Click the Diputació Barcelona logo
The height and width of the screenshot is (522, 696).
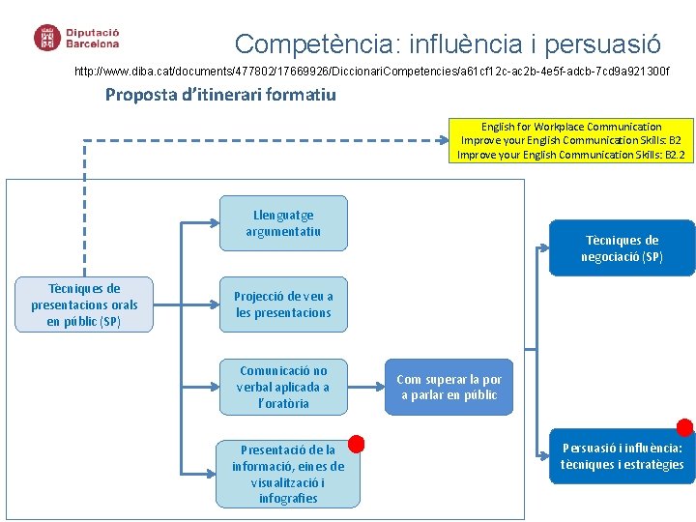[x=77, y=38]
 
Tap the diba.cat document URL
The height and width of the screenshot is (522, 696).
[x=371, y=72]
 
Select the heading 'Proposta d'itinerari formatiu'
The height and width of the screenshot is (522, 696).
[x=220, y=95]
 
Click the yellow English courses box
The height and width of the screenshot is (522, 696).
[x=571, y=140]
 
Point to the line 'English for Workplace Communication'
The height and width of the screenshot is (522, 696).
[x=571, y=127]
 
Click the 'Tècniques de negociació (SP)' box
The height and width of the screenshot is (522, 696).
[x=622, y=248]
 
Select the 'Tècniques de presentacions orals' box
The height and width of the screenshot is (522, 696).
[x=84, y=304]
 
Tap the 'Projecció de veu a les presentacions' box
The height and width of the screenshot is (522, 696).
[x=283, y=304]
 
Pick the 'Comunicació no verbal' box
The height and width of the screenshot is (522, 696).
[x=283, y=387]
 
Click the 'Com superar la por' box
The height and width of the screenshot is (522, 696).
[x=449, y=387]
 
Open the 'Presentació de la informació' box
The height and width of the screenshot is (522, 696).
[x=288, y=474]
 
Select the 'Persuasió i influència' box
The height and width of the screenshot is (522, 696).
[x=622, y=456]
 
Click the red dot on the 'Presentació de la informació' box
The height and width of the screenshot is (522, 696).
[x=356, y=444]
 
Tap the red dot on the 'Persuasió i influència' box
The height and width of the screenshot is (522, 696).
[x=684, y=427]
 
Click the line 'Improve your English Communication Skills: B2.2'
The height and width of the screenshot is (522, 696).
[x=571, y=155]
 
